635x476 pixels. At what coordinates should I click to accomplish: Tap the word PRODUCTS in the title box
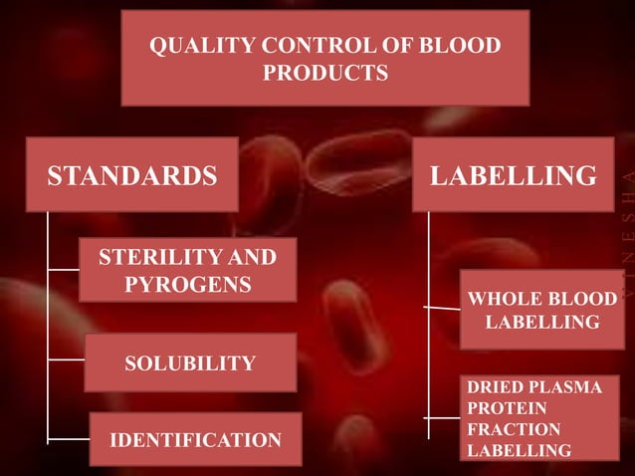tap(325, 73)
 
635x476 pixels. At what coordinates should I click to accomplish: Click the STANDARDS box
tap(132, 176)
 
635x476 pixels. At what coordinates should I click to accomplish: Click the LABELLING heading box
tap(513, 176)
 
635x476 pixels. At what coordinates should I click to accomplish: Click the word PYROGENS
tap(187, 285)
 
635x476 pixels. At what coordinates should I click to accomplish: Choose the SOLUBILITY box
tap(190, 362)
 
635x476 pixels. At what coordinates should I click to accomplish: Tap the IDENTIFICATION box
tap(195, 438)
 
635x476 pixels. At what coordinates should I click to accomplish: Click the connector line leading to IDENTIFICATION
tap(69, 437)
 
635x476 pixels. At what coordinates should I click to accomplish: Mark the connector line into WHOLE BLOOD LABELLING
tap(444, 309)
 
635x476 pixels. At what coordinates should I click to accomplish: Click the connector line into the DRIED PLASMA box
tap(444, 418)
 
